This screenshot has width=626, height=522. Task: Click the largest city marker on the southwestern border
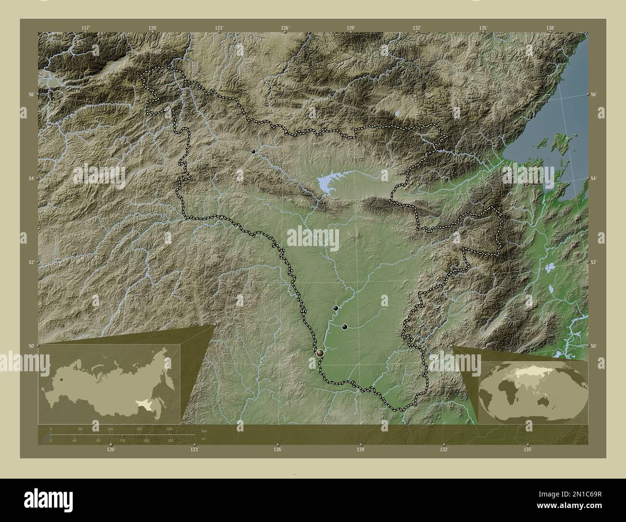[320, 353]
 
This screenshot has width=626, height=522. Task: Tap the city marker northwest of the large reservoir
[253, 151]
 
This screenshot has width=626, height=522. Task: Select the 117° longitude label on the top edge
[85, 28]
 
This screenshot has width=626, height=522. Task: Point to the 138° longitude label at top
[550, 28]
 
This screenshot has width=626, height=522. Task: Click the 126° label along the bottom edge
[278, 449]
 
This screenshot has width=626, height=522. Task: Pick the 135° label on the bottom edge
[528, 449]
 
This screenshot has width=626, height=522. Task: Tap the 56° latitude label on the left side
[30, 94]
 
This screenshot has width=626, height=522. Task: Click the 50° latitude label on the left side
[30, 346]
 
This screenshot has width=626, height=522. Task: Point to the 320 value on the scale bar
[169, 429]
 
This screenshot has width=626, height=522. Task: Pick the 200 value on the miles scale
[170, 440]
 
